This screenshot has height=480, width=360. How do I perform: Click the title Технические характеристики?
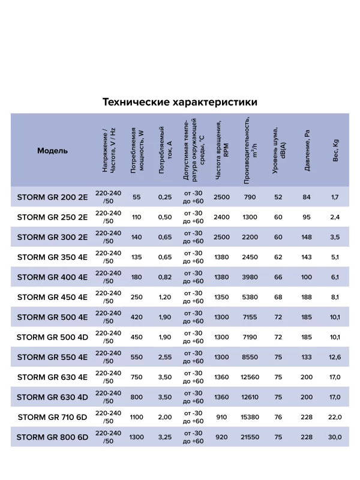(180, 101)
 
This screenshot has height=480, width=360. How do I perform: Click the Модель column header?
(53, 151)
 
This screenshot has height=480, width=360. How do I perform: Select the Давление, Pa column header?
(307, 151)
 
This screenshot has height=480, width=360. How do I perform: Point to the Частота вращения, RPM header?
(222, 151)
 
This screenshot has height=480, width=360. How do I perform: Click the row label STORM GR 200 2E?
(53, 197)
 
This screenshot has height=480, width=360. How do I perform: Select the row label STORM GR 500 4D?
(53, 337)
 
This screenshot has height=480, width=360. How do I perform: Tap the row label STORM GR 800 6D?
(53, 437)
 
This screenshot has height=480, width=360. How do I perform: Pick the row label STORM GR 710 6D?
(53, 417)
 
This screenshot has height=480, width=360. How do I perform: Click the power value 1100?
(137, 417)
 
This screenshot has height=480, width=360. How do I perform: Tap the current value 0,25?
(164, 197)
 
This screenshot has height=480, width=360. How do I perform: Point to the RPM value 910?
(222, 417)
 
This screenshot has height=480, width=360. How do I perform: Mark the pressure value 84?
(307, 197)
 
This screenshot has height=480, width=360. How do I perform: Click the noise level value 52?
(278, 197)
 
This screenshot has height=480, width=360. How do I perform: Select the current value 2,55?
(164, 357)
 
